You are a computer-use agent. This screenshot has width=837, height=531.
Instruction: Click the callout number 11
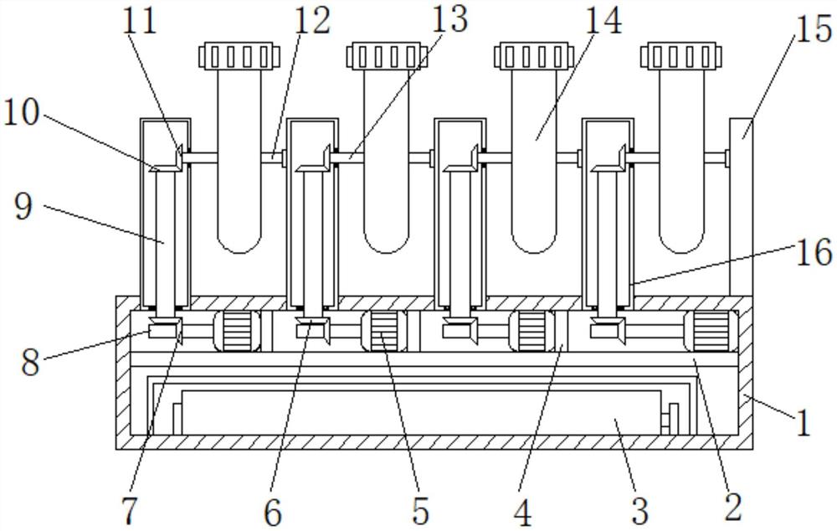(140, 21)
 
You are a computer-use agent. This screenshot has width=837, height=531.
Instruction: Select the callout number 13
(449, 19)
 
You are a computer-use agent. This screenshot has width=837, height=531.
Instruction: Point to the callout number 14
(603, 21)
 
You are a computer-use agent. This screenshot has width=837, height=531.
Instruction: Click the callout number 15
(814, 28)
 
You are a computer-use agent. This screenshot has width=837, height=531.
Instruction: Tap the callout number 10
(22, 113)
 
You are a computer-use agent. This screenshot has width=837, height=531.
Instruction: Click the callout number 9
(23, 208)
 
